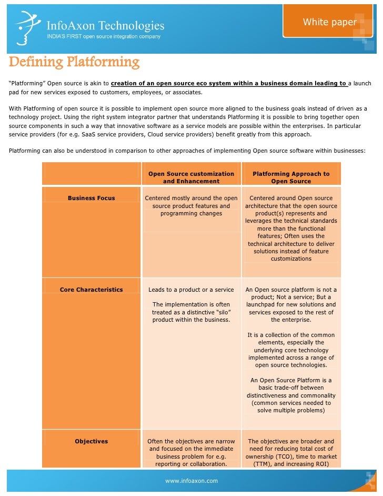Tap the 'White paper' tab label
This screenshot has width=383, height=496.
(329, 22)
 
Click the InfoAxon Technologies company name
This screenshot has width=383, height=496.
(106, 25)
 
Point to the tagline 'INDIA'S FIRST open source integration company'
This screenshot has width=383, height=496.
(104, 36)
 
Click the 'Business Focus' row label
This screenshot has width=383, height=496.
(91, 198)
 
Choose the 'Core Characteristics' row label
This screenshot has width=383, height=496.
(91, 290)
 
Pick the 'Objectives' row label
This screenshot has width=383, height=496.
(91, 441)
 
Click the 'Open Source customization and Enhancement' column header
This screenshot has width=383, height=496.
(191, 177)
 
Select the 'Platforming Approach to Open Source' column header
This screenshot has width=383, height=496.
(291, 177)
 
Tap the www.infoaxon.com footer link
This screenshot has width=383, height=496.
(191, 481)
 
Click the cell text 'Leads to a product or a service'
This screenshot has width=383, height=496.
(191, 290)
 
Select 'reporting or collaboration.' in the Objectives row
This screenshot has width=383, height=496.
(191, 464)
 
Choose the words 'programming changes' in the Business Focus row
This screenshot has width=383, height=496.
(191, 213)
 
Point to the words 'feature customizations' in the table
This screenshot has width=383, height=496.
(291, 255)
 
